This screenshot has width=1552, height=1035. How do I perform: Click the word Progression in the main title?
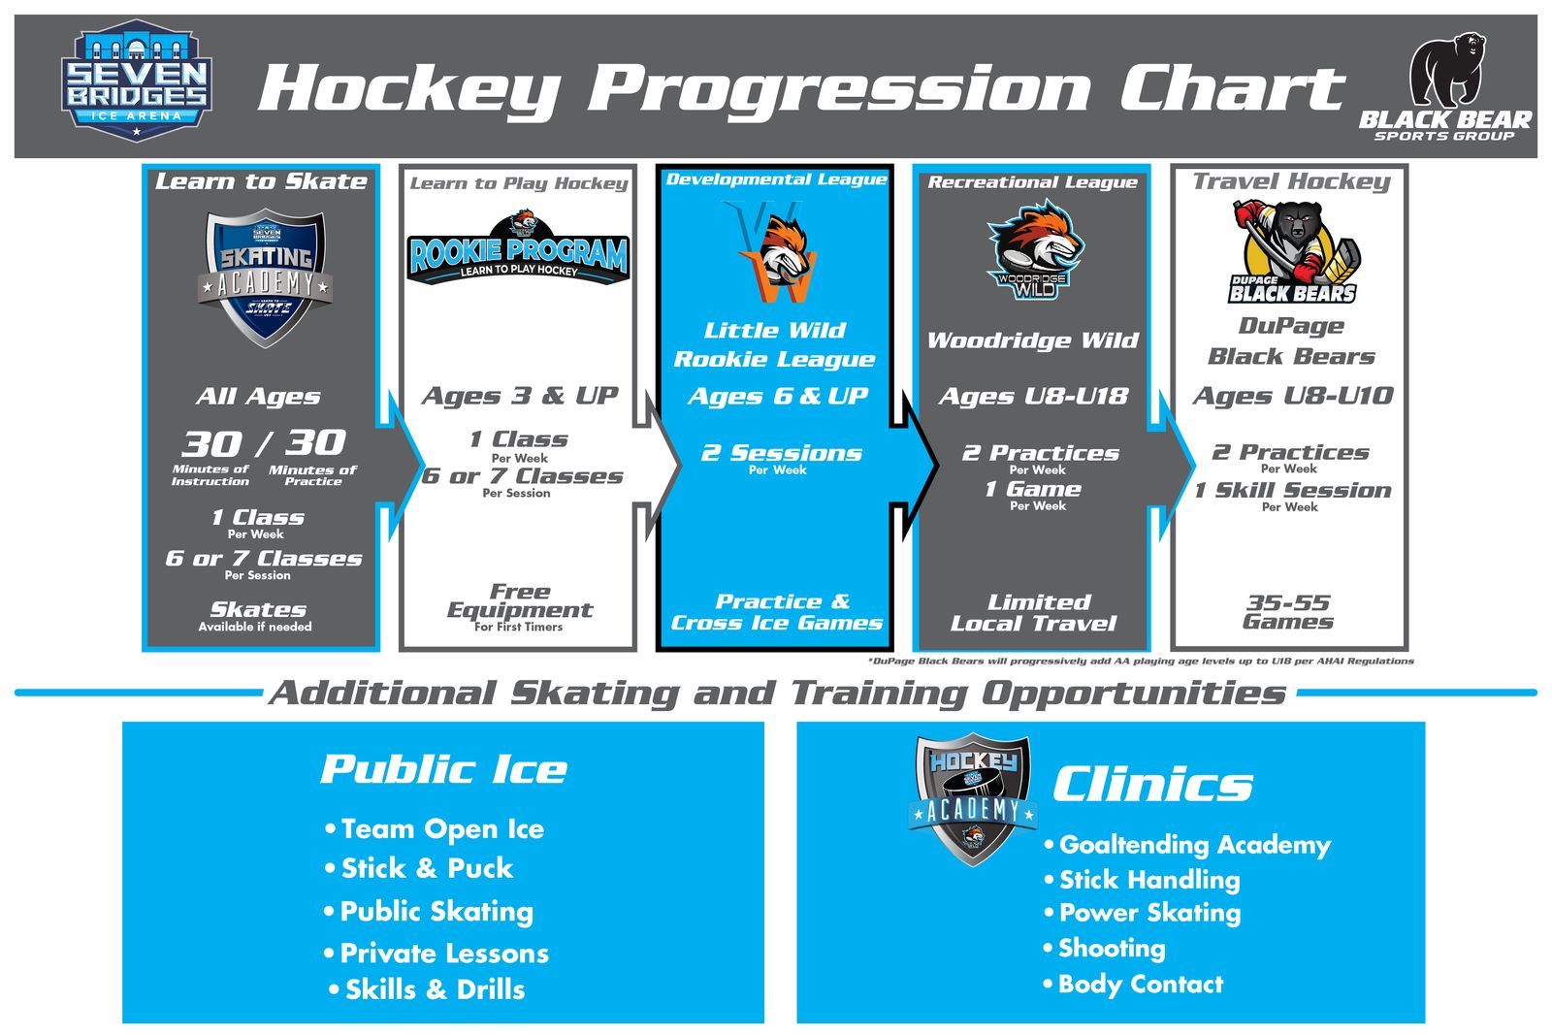(x=840, y=89)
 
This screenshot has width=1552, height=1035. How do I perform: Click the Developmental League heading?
(x=776, y=179)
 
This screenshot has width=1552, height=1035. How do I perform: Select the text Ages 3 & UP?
(x=520, y=396)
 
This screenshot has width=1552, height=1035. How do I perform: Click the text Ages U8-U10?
(x=1292, y=396)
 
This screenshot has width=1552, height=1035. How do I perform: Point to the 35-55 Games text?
(x=1288, y=611)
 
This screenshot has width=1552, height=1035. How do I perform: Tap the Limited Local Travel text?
(x=1034, y=613)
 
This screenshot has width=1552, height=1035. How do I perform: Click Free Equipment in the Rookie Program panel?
(x=520, y=601)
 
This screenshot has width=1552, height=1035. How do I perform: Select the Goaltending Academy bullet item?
(x=1194, y=845)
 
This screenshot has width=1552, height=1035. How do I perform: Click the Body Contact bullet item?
(x=1140, y=985)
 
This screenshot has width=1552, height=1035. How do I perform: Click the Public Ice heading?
(x=443, y=769)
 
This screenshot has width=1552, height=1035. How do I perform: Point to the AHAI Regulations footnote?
(x=1141, y=661)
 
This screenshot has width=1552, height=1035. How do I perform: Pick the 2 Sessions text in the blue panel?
(x=782, y=453)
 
